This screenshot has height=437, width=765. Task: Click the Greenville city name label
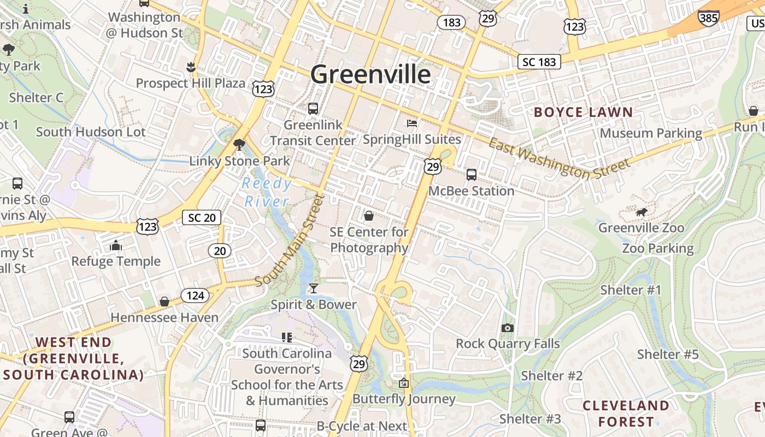coord(370,74)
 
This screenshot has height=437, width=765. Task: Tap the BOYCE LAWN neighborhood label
coord(583,113)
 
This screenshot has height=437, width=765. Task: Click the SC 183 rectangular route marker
coord(539,62)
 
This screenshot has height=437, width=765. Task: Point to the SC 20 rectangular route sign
coord(201,217)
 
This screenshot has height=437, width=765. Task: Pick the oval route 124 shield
coord(195,296)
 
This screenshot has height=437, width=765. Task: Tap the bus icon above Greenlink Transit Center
coord(313,109)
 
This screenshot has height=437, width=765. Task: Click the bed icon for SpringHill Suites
coord(412,123)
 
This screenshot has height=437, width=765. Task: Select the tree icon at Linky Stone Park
coord(239,145)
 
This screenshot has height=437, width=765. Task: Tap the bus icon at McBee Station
coord(471,175)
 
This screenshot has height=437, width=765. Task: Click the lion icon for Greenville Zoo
coord(642,211)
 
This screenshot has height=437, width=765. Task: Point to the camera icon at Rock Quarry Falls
coord(508,328)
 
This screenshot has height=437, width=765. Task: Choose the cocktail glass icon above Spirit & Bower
coord(313,288)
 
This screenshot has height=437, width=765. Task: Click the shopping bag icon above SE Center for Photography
coord(369,216)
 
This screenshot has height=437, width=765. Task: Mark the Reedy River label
coord(267,192)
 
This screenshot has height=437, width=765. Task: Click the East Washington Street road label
coord(558,159)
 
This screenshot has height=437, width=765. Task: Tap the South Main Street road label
coord(290,240)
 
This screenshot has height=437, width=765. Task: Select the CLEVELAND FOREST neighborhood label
coord(626,414)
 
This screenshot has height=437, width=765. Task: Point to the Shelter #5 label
coord(668,355)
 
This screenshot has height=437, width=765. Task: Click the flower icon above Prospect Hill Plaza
coord(191,67)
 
